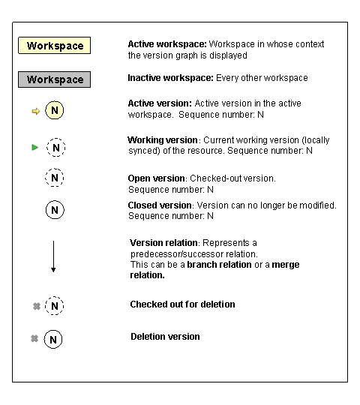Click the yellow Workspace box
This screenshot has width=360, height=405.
coord(55,46)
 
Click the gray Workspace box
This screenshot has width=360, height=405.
coord(55,79)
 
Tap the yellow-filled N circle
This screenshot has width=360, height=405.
coord(55,111)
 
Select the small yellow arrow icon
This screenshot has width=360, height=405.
coord(35,112)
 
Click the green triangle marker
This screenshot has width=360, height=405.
coord(34,147)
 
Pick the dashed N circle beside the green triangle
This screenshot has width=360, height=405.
coord(55,147)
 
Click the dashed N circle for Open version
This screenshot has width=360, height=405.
coord(55,179)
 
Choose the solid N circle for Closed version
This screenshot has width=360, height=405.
coord(55,210)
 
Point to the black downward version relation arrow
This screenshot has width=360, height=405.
coord(53,256)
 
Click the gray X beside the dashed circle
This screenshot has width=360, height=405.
coord(34,306)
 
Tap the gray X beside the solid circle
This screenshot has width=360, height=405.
coord(34,339)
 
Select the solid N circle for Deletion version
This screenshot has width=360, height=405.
coord(53,339)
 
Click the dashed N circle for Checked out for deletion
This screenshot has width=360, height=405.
coord(55,306)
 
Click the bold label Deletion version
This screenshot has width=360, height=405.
coord(165,337)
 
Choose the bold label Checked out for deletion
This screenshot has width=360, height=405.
coord(182,304)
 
